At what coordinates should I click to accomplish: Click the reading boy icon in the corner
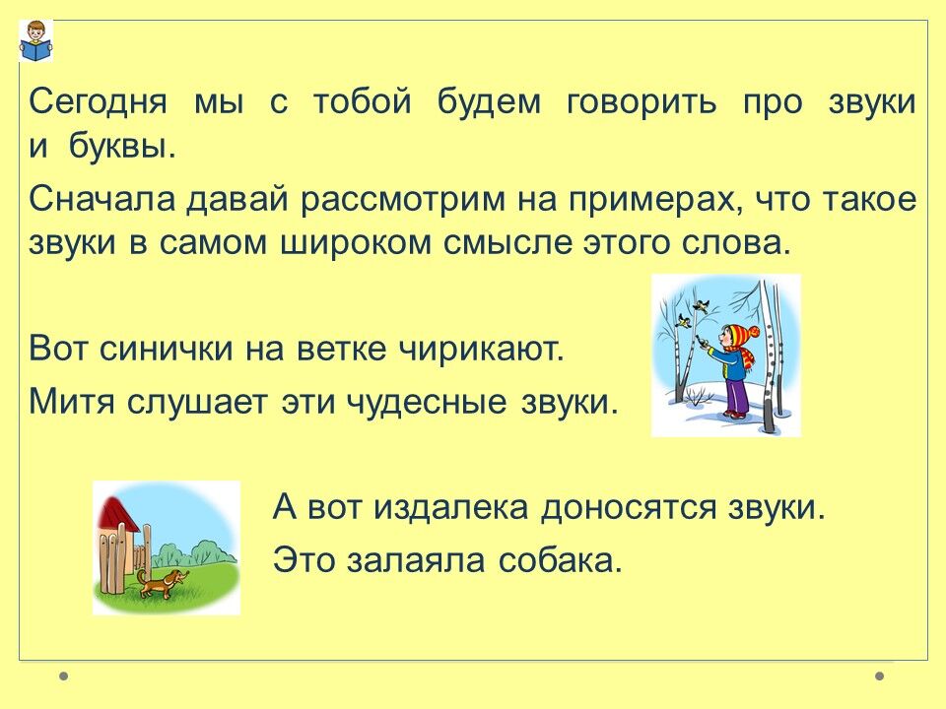(35, 41)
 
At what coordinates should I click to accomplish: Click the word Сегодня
(98, 102)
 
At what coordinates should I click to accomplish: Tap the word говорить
(642, 102)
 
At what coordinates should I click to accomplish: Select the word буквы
(122, 146)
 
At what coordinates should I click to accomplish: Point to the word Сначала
(101, 199)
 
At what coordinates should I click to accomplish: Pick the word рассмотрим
(403, 200)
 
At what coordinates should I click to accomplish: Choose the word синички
(166, 349)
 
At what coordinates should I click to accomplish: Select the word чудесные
(427, 402)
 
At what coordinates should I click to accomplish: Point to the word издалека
(450, 507)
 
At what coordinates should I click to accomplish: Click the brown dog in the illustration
(162, 582)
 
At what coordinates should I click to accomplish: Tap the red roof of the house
(120, 512)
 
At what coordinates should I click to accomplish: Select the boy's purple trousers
(737, 395)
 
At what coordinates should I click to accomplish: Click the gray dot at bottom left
(63, 677)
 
